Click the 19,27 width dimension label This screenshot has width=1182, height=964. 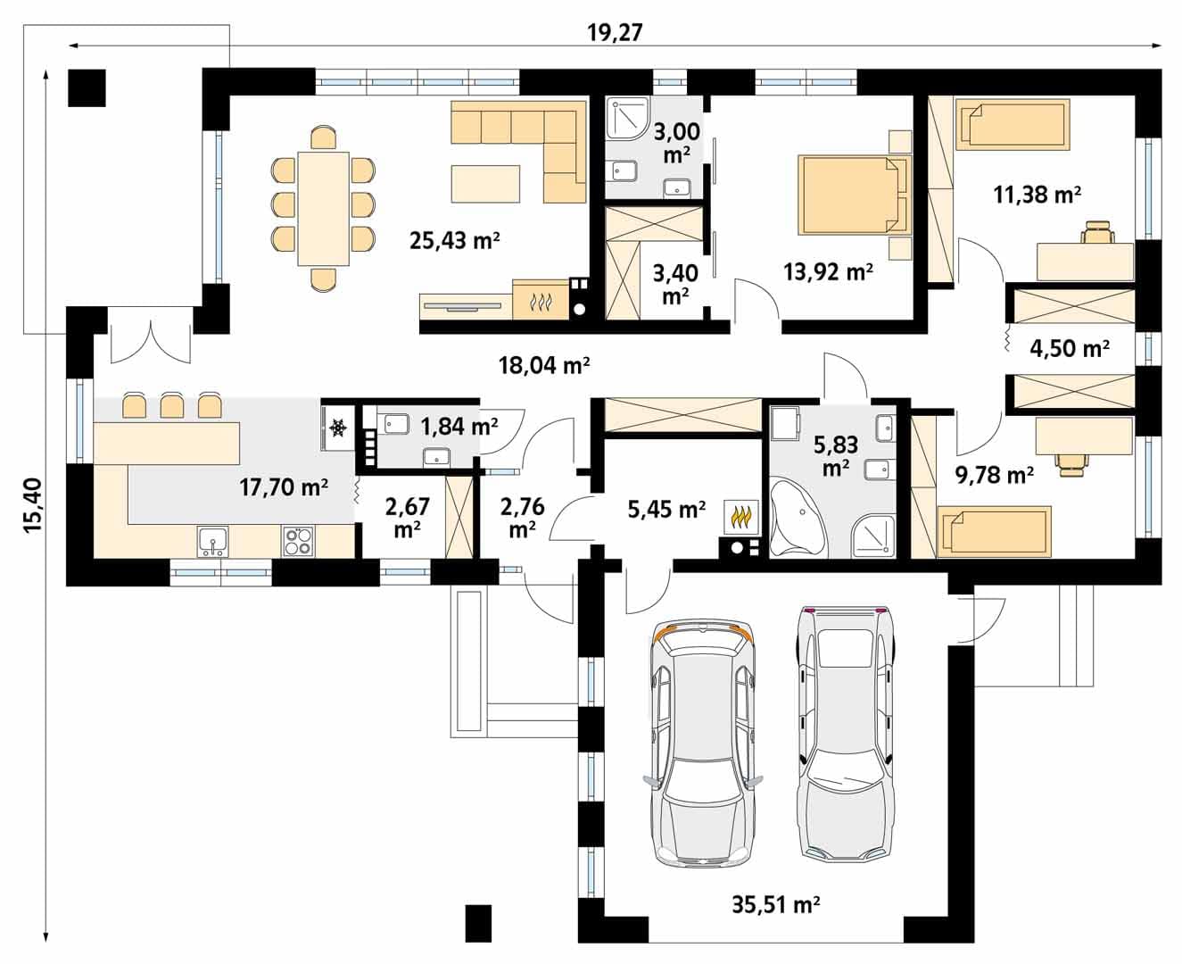(x=615, y=33)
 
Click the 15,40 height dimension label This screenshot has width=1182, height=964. (x=33, y=505)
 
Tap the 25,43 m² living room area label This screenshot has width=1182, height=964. (x=455, y=240)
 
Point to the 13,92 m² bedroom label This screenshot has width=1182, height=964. (x=828, y=271)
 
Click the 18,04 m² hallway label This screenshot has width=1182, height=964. (x=544, y=365)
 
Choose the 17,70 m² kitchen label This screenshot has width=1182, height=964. (x=284, y=487)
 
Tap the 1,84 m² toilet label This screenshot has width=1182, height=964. (x=459, y=427)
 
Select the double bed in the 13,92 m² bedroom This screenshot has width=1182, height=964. (x=855, y=195)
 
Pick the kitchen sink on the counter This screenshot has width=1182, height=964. (x=212, y=542)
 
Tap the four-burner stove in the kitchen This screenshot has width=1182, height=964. (x=299, y=542)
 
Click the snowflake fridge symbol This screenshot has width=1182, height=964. (x=337, y=428)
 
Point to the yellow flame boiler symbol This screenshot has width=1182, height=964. (x=740, y=518)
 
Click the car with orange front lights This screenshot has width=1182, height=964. (x=703, y=743)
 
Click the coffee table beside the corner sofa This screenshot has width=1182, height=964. (x=485, y=183)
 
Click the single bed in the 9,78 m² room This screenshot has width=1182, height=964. (x=993, y=531)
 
